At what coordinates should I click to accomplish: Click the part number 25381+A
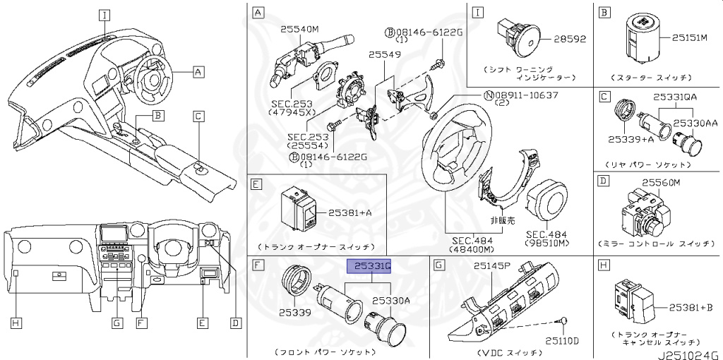[x=350, y=212]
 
